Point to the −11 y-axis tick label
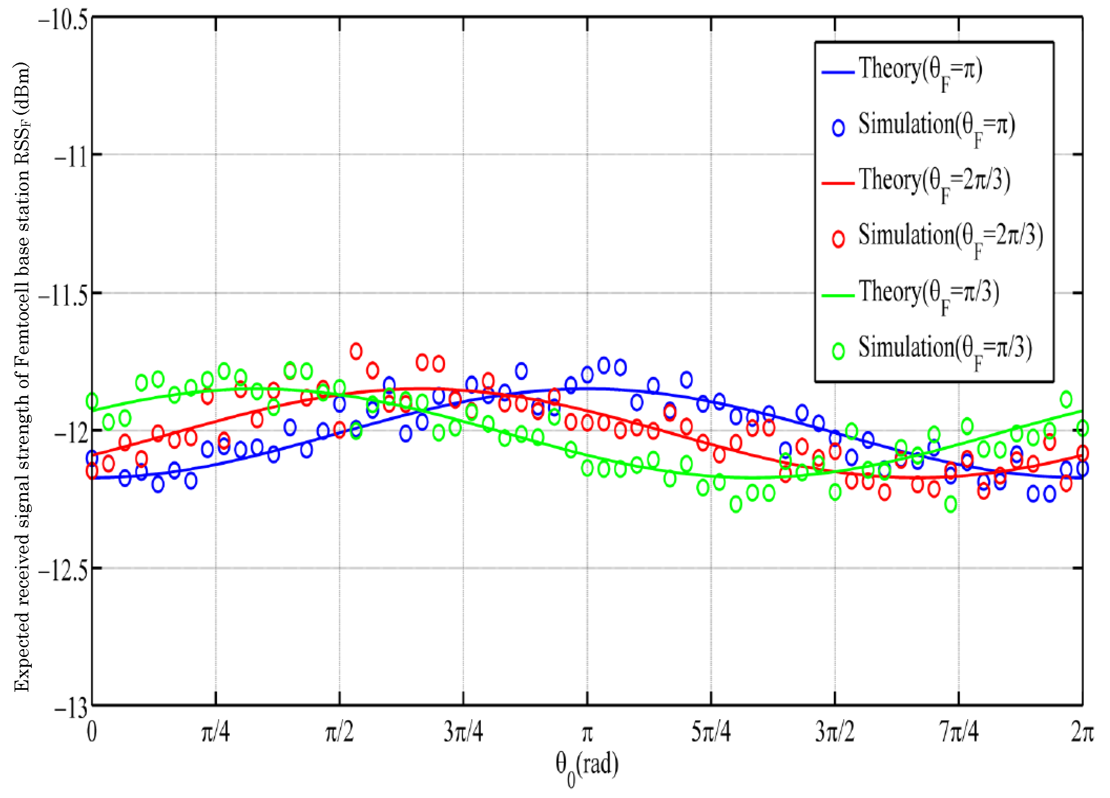point(71,158)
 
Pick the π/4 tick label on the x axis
point(215,732)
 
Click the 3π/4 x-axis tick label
point(463,732)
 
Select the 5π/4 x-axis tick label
point(711,732)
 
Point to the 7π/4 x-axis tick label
point(959,732)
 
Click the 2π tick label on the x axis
point(1082,732)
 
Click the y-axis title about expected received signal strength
point(22,377)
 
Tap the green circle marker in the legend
point(838,351)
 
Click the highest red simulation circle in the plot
point(356,351)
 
